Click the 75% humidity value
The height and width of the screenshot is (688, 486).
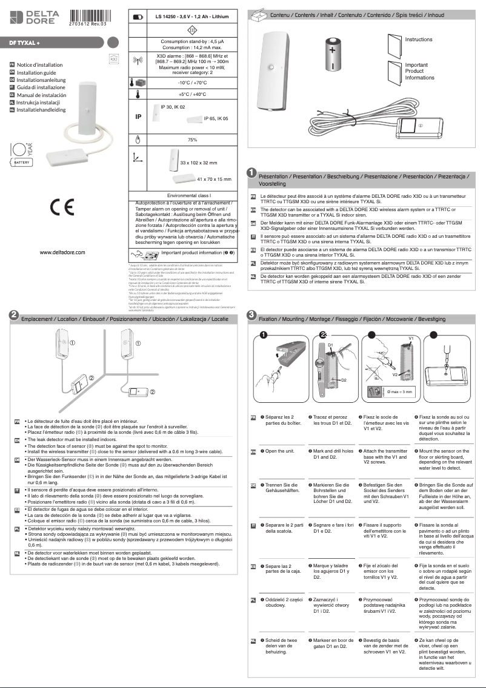click(192, 140)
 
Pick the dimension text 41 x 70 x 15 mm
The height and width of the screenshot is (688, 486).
click(215, 180)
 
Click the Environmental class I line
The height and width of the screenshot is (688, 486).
click(192, 197)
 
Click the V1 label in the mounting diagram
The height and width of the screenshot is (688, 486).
click(410, 337)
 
